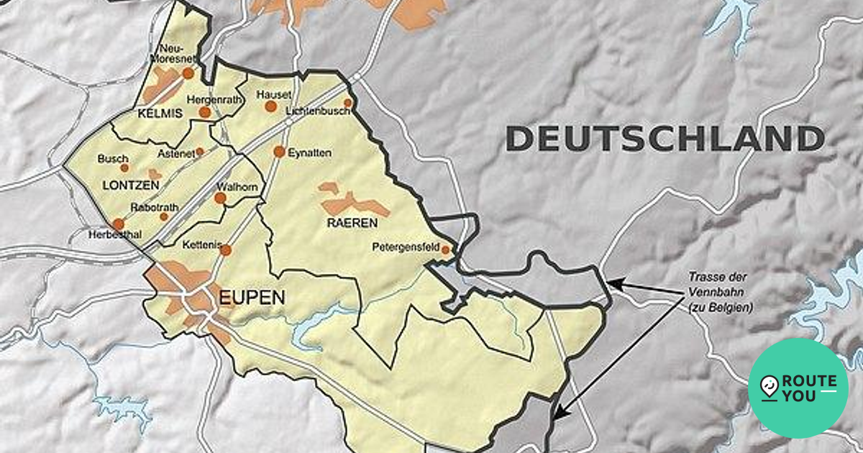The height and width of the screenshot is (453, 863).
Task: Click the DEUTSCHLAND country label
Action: [x=665, y=138]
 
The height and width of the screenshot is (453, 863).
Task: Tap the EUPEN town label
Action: [x=252, y=298]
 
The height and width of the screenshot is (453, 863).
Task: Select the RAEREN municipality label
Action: [x=349, y=222]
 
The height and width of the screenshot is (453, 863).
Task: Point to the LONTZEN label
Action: [x=130, y=185]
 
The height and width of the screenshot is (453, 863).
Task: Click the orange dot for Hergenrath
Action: [x=205, y=112]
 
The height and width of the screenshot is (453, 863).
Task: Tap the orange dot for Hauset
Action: [x=270, y=106]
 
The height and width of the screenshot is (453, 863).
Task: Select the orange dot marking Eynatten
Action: [x=279, y=152]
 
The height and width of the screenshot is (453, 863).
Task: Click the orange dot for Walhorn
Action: [x=220, y=198]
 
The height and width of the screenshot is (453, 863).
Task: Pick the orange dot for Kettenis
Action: [x=226, y=250]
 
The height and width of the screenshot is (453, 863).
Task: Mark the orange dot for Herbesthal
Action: [x=118, y=224]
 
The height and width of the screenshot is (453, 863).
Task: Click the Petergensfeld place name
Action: [x=406, y=247]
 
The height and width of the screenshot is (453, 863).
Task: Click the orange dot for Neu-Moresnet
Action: [x=188, y=73]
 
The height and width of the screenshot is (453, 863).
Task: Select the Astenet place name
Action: [x=175, y=154]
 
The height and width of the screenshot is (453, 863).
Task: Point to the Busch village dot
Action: [x=124, y=168]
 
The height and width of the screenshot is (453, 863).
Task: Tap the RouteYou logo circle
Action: [x=798, y=388]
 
